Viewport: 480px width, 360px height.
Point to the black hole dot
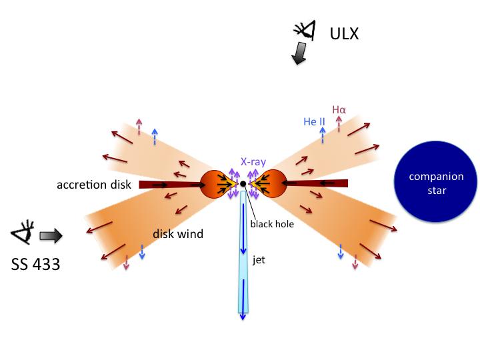(x=243, y=183)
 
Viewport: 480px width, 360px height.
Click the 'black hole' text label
(x=271, y=224)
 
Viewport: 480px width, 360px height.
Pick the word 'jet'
(x=259, y=259)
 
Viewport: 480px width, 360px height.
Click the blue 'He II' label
(x=313, y=121)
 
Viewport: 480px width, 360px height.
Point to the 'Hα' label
(x=340, y=109)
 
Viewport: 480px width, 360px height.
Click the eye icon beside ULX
(x=305, y=30)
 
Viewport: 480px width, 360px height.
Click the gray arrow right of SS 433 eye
(x=51, y=235)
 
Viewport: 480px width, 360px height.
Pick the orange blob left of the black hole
(x=217, y=183)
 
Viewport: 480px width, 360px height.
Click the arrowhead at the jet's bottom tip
(x=243, y=316)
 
